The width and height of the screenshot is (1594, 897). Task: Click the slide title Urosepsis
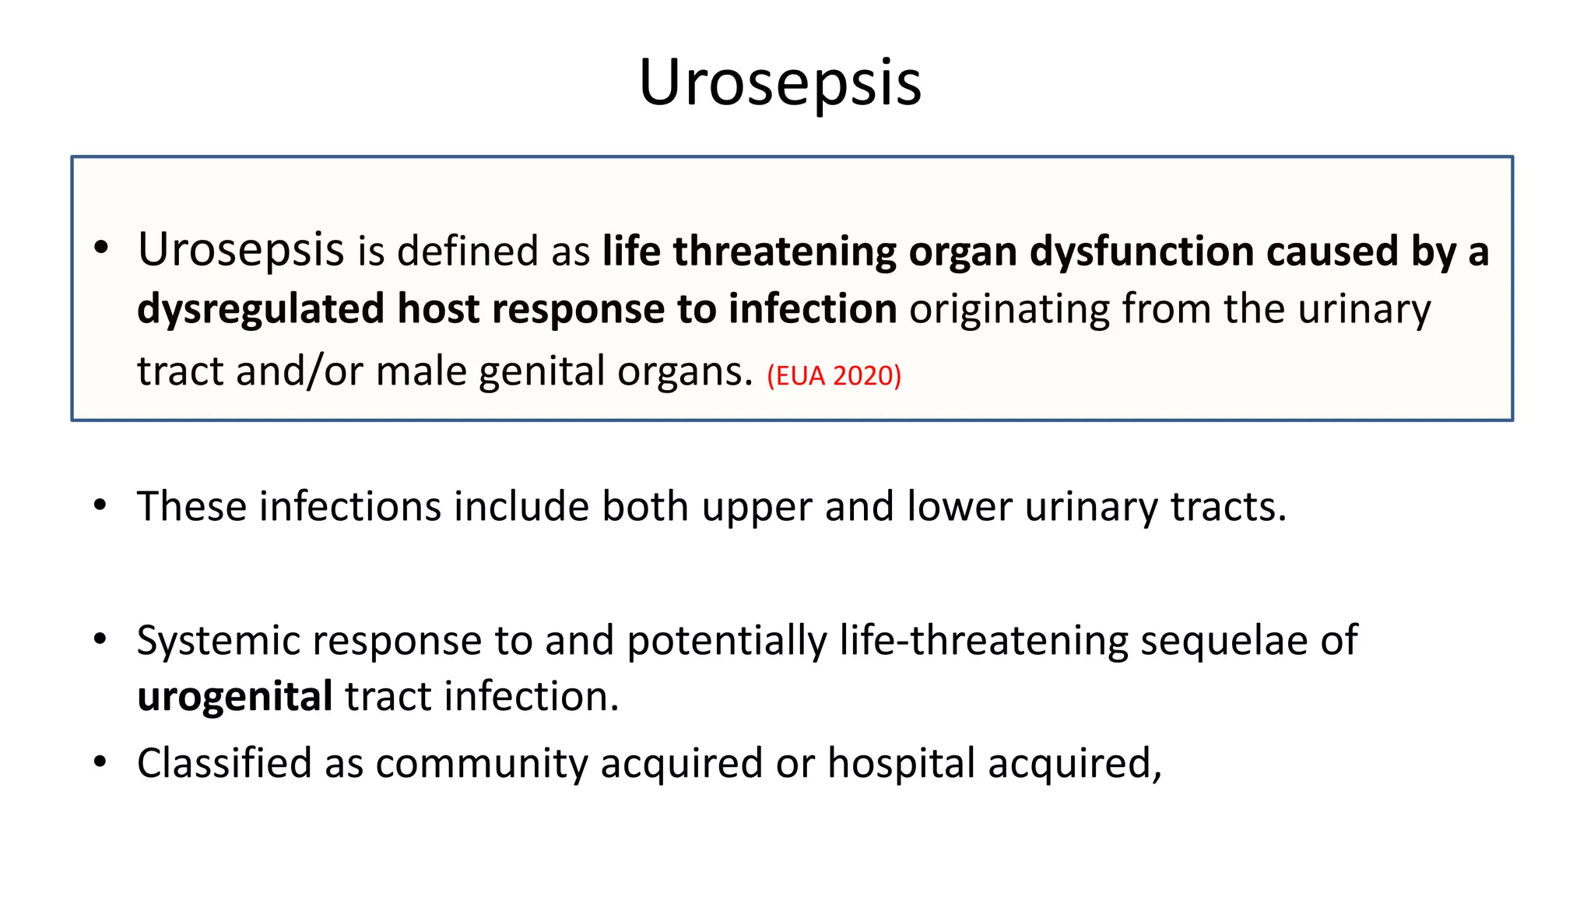[780, 83]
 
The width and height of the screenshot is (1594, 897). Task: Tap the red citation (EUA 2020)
[834, 376]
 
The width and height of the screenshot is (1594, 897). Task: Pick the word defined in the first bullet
[467, 252]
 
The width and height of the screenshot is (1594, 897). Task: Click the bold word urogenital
[235, 697]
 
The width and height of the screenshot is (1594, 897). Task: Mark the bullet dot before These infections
[100, 506]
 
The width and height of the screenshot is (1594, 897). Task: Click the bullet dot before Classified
[100, 762]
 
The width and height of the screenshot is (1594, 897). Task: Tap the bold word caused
[1328, 252]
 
